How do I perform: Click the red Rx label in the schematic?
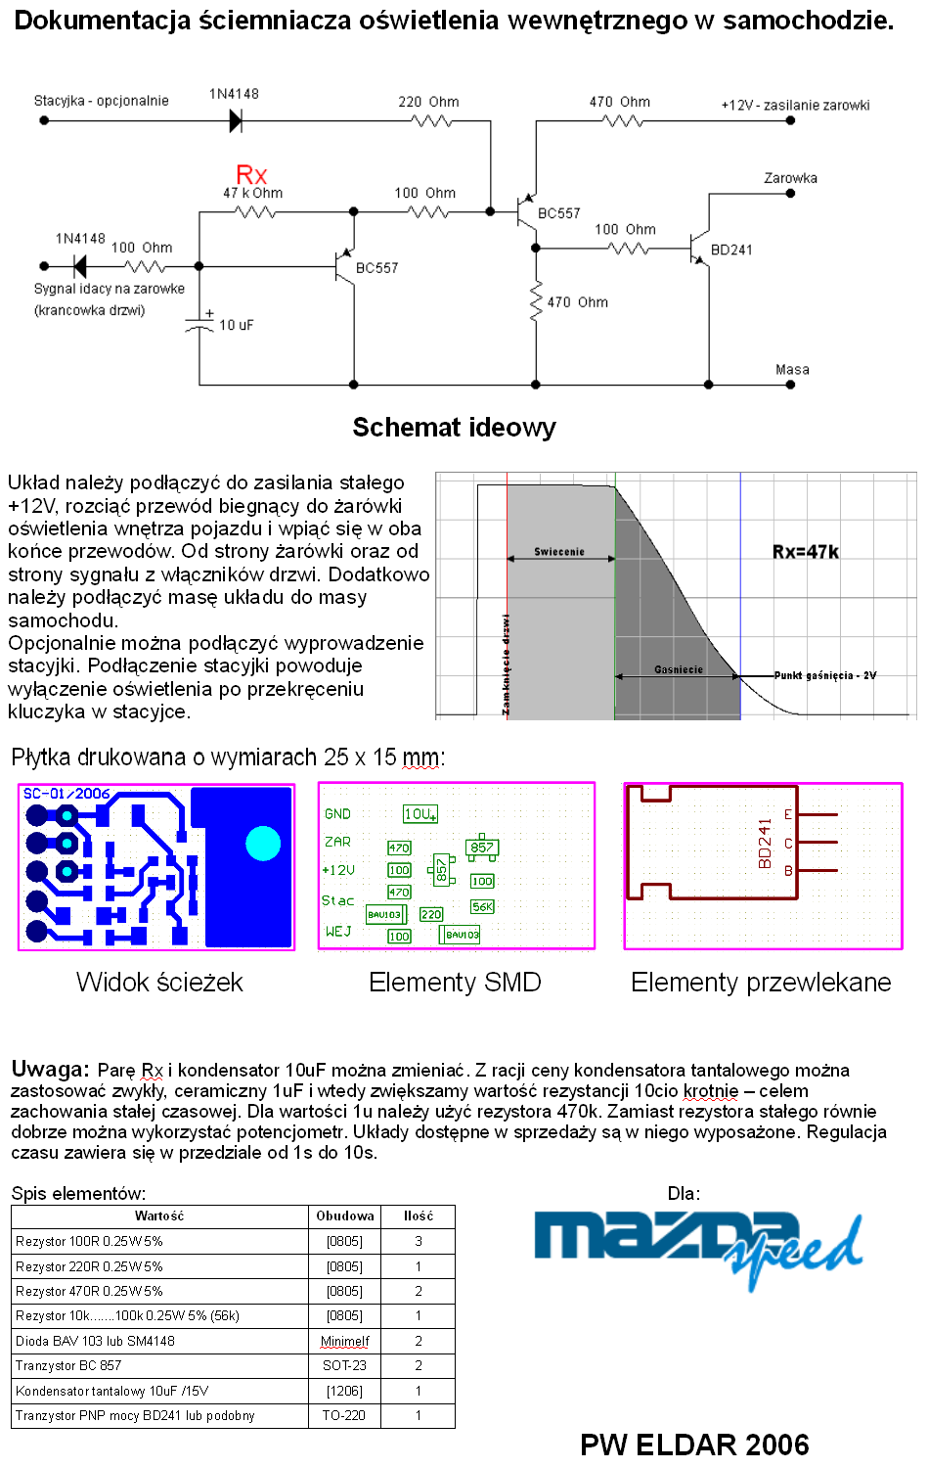[251, 174]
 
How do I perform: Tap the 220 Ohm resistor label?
[428, 102]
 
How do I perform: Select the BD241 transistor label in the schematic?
[731, 250]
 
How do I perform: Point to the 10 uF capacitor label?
[236, 325]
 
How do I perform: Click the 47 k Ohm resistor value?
[252, 193]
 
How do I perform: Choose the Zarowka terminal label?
[790, 178]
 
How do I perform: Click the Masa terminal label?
[792, 370]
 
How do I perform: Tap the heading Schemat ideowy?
[454, 428]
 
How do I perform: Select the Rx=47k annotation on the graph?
[805, 552]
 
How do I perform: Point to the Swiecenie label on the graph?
[559, 552]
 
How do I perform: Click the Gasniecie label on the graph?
[679, 669]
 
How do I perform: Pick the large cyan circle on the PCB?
[263, 843]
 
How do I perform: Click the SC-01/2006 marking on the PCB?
[66, 794]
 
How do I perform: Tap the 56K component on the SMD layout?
[482, 907]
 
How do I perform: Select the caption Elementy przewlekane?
[761, 983]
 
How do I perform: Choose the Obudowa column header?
[345, 1216]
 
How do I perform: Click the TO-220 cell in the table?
[344, 1415]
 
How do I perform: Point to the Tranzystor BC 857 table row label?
[68, 1365]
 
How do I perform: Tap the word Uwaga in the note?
[50, 1069]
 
